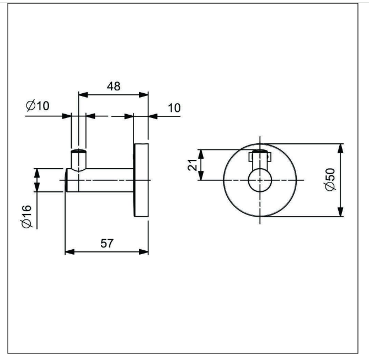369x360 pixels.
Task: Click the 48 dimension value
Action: click(114, 87)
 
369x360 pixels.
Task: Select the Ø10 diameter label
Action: click(38, 106)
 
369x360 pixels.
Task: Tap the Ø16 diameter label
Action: click(26, 217)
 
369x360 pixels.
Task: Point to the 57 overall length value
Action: click(107, 243)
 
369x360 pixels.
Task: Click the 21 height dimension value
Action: click(192, 165)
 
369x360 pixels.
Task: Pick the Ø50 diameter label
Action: click(330, 179)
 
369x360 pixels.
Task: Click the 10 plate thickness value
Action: click(174, 108)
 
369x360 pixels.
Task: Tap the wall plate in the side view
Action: click(141, 180)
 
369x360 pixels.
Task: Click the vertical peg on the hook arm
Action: click(79, 160)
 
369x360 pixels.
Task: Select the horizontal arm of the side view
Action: click(99, 180)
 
